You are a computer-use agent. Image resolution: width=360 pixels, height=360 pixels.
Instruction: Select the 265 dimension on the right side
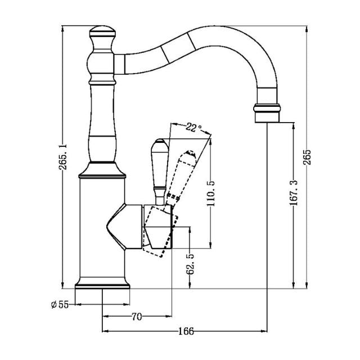tap(307, 159)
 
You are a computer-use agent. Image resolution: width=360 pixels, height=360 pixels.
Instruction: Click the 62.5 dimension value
tap(191, 263)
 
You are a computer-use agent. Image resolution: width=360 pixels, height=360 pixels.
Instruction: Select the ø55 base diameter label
tap(59, 304)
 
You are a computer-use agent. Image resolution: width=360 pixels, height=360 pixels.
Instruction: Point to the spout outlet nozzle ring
tap(268, 112)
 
